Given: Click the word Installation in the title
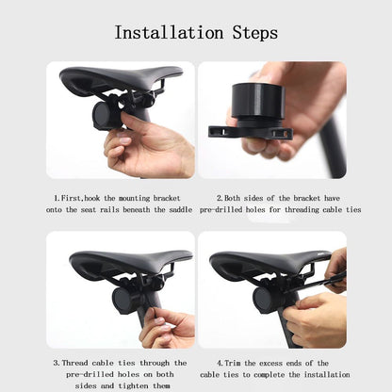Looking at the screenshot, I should click(167, 32).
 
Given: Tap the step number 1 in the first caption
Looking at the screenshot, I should click(57, 200).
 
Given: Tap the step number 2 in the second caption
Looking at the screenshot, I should click(220, 200).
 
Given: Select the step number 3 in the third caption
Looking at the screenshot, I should click(57, 362).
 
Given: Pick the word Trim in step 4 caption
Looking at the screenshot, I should click(238, 362).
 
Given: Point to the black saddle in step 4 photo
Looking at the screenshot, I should click(259, 261).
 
